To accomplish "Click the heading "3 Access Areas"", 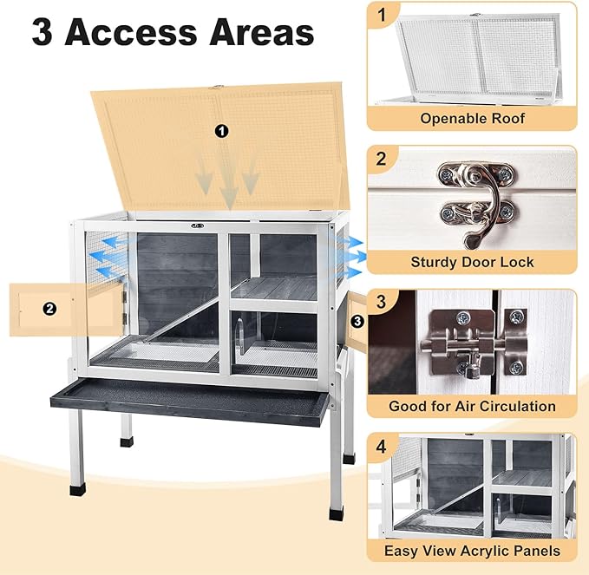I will (x=173, y=33).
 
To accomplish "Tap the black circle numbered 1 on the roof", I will (x=221, y=131).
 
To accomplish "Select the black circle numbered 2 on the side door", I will (x=49, y=308).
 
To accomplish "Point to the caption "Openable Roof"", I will (x=473, y=118).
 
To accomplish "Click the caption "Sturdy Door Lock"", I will (x=473, y=262).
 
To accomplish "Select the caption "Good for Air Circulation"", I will (x=473, y=406).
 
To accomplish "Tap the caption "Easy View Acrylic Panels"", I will (x=473, y=550).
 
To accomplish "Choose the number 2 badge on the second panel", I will (x=383, y=160).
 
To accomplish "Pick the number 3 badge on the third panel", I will (x=383, y=304).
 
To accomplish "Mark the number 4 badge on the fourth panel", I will (x=383, y=448).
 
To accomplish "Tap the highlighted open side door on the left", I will (x=65, y=309).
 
